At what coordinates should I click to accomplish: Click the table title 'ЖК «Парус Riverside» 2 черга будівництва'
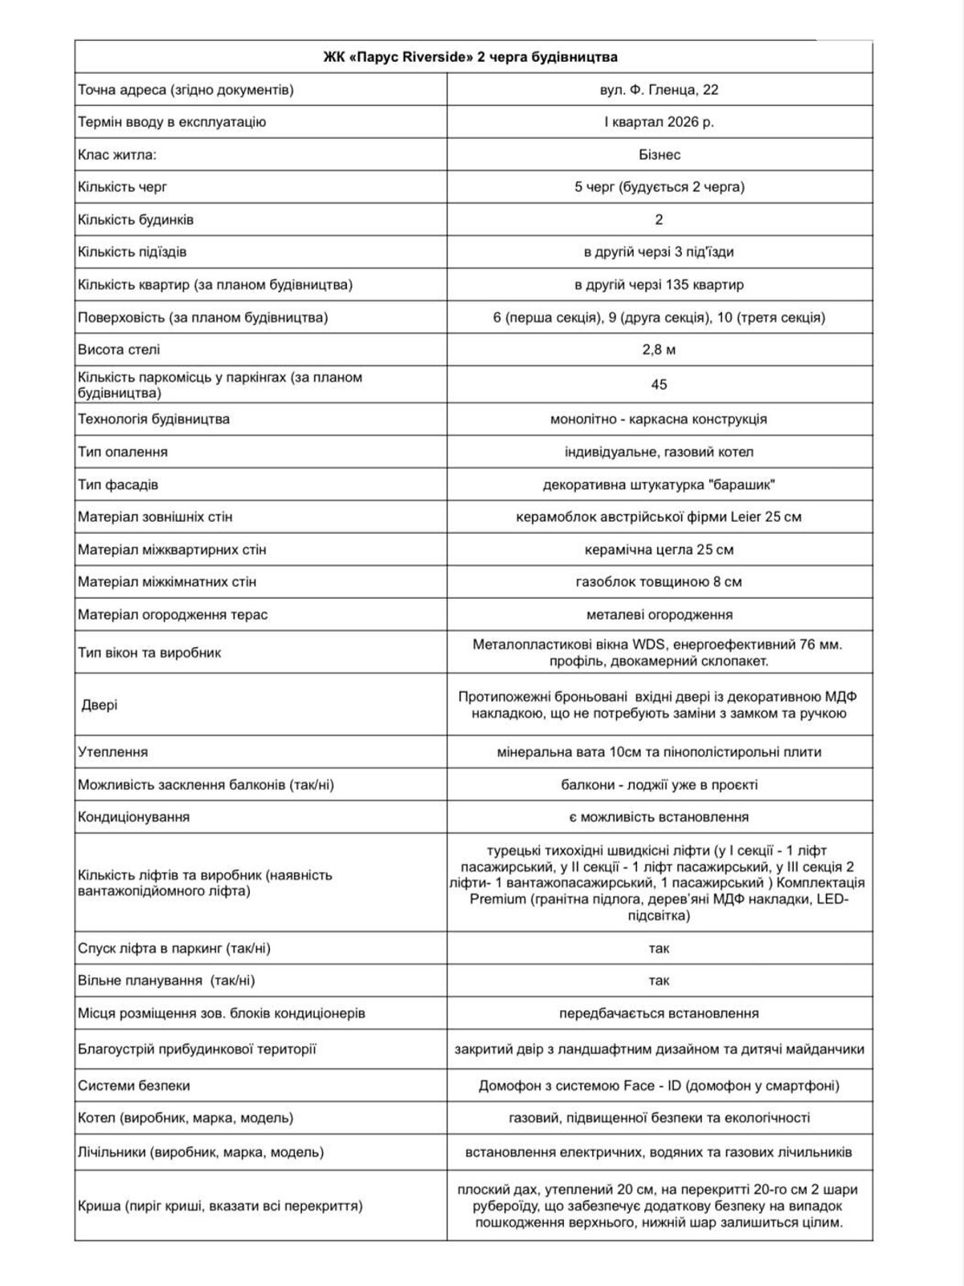click(470, 57)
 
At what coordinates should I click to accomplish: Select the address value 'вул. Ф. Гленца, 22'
click(659, 90)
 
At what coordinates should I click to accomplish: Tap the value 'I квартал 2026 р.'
click(659, 122)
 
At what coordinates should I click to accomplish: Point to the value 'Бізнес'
click(659, 154)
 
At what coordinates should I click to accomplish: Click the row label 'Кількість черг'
click(123, 187)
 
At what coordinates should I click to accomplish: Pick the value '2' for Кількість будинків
click(659, 219)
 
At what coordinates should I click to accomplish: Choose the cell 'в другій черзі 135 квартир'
click(659, 285)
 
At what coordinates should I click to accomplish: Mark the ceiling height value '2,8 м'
click(659, 350)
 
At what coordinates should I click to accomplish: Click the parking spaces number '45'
click(659, 385)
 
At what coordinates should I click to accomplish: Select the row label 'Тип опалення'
click(123, 452)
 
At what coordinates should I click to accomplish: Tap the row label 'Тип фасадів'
click(118, 485)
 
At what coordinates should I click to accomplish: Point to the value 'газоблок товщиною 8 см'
click(659, 582)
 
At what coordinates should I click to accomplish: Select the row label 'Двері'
click(99, 705)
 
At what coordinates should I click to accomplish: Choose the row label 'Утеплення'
click(113, 752)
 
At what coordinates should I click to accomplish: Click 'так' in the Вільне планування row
click(659, 981)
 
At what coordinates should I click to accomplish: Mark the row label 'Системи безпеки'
click(134, 1086)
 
